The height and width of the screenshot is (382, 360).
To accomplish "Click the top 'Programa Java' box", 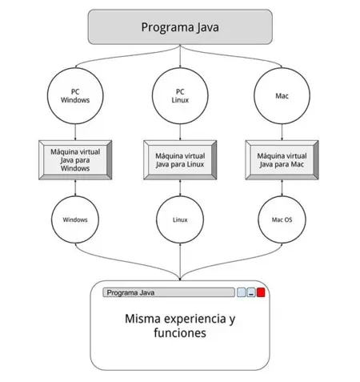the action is pos(180,26).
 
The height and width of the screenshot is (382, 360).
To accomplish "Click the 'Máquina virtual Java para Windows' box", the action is pos(75,160).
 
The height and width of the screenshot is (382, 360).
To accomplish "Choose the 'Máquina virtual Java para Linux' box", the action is pos(180,160).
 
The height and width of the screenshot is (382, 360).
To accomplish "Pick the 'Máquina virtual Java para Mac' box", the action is pos(282,160).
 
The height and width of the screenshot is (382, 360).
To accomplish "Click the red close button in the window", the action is pos(261,292).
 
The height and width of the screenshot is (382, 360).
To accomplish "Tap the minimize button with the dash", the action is pos(251,292).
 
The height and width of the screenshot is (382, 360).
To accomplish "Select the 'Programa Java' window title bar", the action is pos(169,292).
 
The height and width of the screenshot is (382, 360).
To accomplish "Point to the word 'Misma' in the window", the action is pos(142,319).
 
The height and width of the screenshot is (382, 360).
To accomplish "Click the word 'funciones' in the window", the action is pos(180,333).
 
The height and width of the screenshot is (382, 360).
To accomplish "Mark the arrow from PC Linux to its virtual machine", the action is pos(180,132).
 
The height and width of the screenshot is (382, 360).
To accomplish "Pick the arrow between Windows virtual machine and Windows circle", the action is pos(75,187).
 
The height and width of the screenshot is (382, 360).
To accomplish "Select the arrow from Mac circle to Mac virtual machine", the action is pos(282,132).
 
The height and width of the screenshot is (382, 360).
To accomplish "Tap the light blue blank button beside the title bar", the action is pos(241,292).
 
